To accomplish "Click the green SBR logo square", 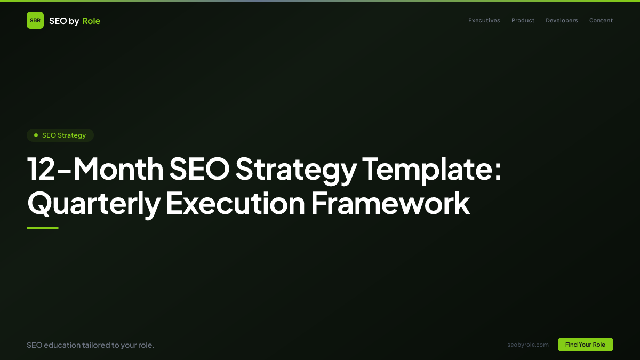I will click(35, 20).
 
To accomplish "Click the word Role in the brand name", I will click(91, 21).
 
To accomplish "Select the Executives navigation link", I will click(484, 21).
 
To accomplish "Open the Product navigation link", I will click(523, 21).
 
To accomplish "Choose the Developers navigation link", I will click(562, 21).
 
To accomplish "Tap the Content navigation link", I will click(601, 21).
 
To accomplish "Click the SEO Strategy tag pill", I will click(60, 135).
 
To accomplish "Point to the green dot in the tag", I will click(36, 135).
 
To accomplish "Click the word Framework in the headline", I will click(390, 203).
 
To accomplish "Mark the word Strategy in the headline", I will click(296, 170).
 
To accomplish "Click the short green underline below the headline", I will click(43, 228).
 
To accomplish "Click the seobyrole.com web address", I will click(528, 345).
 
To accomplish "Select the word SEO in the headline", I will click(199, 169).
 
